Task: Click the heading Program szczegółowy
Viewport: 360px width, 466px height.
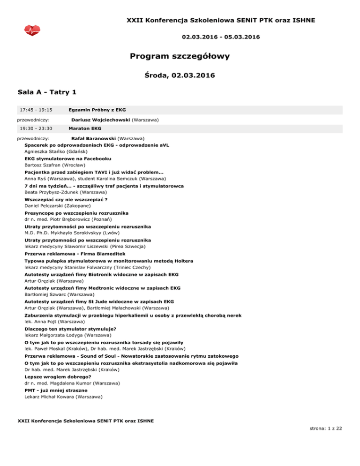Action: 180,57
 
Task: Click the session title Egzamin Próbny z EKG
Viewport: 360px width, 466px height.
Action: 97,110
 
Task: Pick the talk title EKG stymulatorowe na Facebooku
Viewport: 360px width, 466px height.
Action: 64,159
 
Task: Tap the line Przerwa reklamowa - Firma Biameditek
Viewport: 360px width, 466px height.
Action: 75,254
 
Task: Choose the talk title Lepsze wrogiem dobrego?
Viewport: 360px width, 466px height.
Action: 58,376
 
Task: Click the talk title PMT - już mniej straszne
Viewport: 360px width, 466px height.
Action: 56,390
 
